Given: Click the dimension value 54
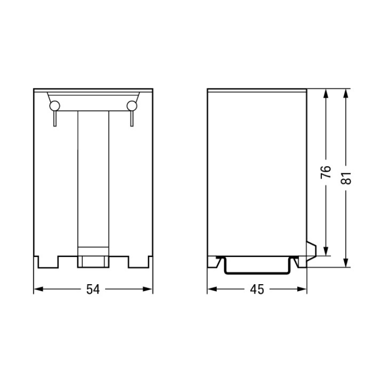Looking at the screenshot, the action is coord(93,289).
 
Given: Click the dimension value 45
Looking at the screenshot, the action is coord(257,289).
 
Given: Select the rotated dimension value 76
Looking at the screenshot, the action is coord(326,172).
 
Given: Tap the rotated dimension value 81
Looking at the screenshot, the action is coord(346,178).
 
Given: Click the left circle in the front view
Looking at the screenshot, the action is coord(55,106).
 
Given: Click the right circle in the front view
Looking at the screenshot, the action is coord(132,106).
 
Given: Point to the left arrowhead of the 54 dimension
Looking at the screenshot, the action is coord(38,289).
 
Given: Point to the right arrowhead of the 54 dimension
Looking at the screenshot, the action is coord(147,289).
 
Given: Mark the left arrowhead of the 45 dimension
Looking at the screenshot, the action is coord(212,289).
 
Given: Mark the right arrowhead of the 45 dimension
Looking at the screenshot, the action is coord(302,289).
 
